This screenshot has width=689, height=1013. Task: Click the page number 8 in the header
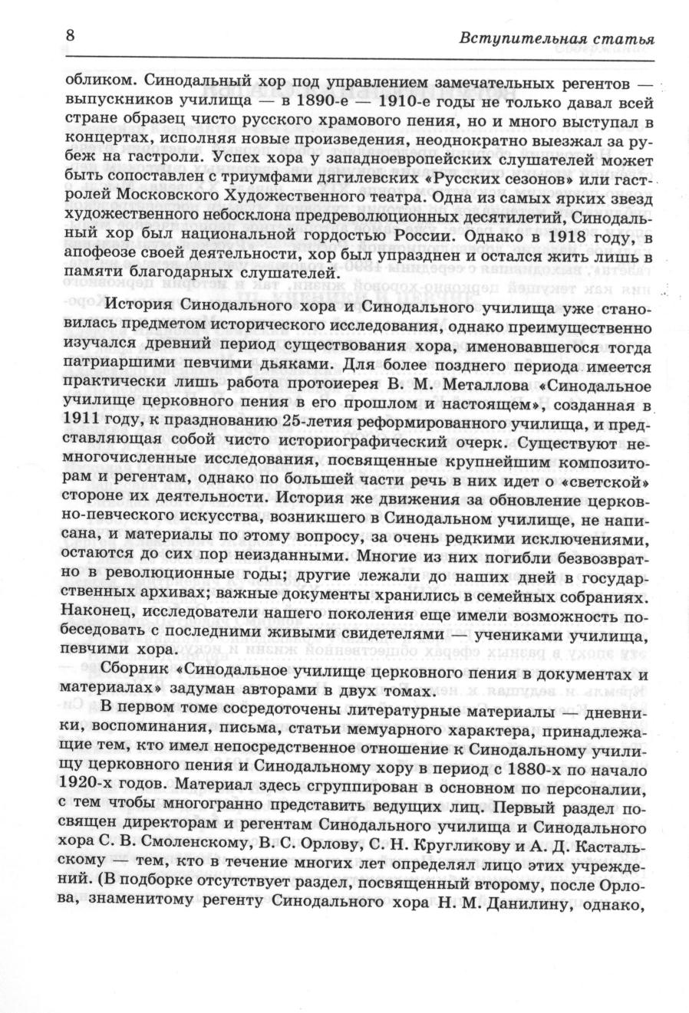[x=70, y=36]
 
